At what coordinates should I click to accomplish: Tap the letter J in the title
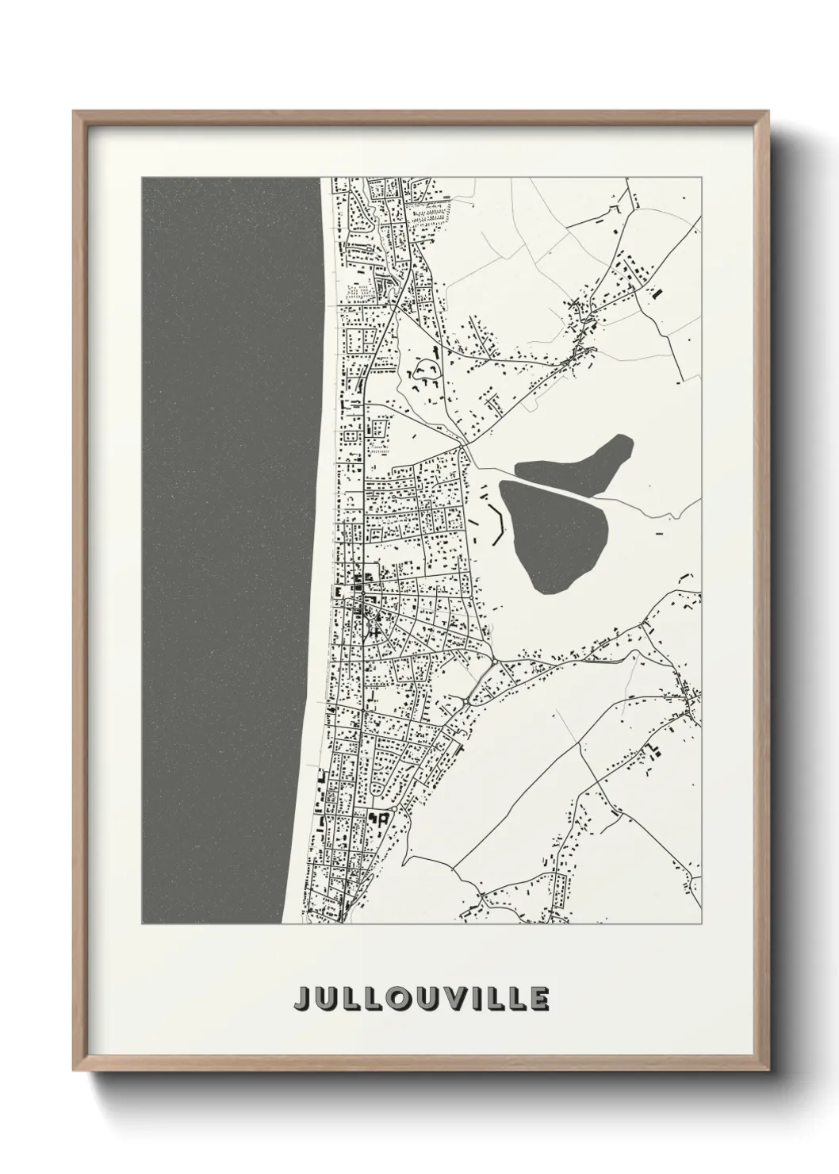point(304,998)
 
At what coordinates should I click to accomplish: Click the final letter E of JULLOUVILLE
point(539,998)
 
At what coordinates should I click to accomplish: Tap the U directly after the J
point(327,998)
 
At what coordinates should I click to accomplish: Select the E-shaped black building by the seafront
point(339,592)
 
